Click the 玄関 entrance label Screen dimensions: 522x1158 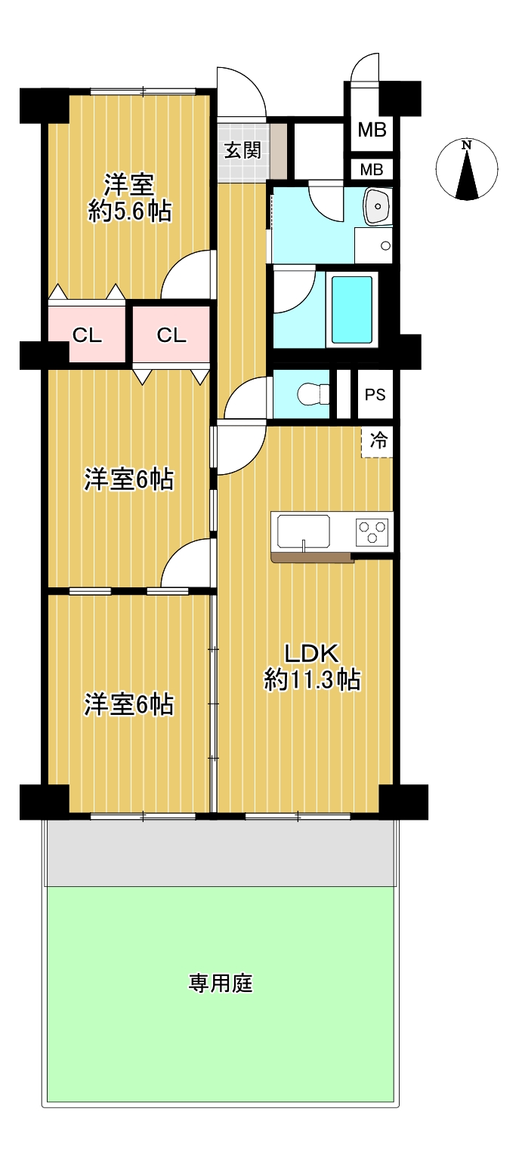pyautogui.click(x=242, y=150)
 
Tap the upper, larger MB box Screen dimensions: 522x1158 pyautogui.click(x=372, y=129)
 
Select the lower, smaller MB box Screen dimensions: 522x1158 pyautogui.click(x=372, y=169)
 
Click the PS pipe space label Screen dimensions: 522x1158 pyautogui.click(x=375, y=395)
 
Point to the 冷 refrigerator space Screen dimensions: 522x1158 pyautogui.click(x=378, y=441)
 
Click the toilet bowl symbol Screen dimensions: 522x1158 pyautogui.click(x=314, y=395)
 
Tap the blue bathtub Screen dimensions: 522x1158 pyautogui.click(x=351, y=310)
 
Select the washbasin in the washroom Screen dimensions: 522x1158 pyautogui.click(x=378, y=206)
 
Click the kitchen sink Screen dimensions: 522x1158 pyautogui.click(x=303, y=531)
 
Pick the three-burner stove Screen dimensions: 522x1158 pyautogui.click(x=372, y=532)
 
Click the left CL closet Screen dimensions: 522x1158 pyautogui.click(x=87, y=335)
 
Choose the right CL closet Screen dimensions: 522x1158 pyautogui.click(x=171, y=335)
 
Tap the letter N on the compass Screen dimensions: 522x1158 pyautogui.click(x=466, y=145)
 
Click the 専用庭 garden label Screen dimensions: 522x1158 pyautogui.click(x=221, y=983)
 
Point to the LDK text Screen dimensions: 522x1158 pyautogui.click(x=311, y=654)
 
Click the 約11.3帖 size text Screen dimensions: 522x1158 pyautogui.click(x=312, y=679)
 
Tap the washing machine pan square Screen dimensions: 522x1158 pyautogui.click(x=373, y=245)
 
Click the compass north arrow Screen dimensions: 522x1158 pyautogui.click(x=467, y=174)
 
